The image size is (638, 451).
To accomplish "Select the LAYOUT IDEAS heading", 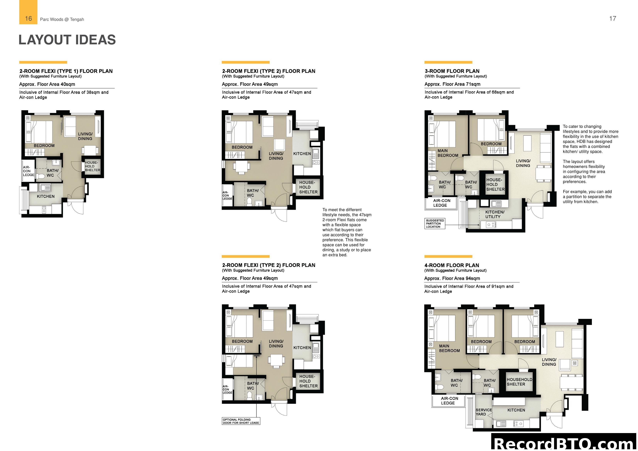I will [67, 40].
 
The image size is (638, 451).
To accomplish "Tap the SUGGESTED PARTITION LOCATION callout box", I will [435, 223].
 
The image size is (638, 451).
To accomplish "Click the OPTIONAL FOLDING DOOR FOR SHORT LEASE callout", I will [241, 421].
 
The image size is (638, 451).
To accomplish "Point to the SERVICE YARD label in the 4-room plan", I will [484, 412].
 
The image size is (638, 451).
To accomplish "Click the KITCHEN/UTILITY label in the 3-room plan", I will [495, 214].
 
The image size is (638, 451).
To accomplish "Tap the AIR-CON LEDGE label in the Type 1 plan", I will [29, 171].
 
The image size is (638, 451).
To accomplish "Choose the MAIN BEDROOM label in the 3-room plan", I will [448, 153].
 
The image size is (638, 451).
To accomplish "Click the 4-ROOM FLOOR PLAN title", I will [451, 265].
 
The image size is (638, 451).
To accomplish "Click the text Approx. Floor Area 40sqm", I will [47, 84].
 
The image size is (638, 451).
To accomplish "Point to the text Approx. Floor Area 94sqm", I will [452, 278].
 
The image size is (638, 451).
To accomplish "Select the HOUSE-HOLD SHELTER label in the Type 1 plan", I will [92, 166].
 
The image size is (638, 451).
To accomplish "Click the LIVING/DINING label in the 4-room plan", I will [549, 362].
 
